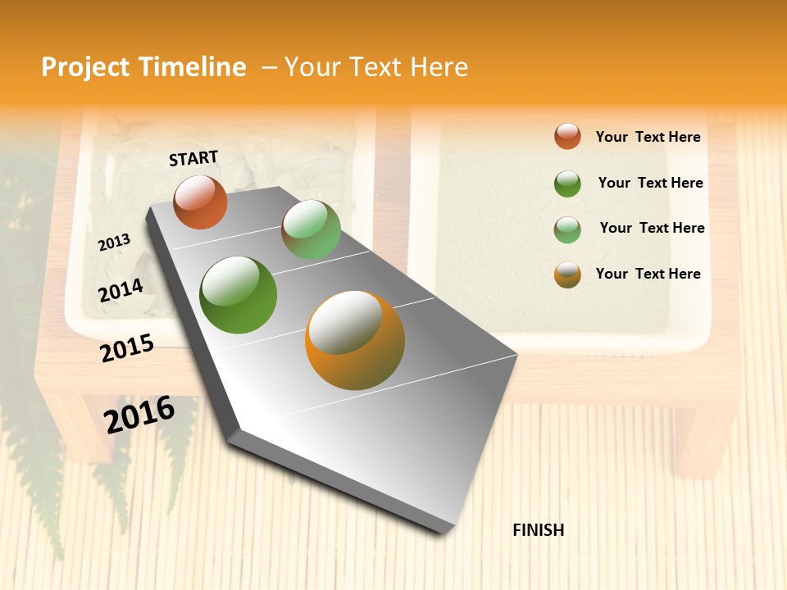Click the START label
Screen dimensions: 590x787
coord(193,158)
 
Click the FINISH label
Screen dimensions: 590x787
coord(539,530)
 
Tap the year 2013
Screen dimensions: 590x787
coord(114,243)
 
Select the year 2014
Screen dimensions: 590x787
coord(121,291)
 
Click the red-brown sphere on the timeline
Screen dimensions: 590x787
coord(200,202)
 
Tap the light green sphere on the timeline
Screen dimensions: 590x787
coord(311,230)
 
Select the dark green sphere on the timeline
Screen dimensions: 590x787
coord(239,295)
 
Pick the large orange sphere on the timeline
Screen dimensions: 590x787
coord(355,340)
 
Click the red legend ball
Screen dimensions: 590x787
coord(567,136)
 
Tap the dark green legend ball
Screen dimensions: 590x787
coord(567,184)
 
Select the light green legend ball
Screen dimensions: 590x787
coord(567,229)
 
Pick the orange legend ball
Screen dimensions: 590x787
coord(567,275)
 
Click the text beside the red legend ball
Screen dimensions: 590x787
coord(648,137)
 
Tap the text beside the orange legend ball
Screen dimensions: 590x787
coord(648,274)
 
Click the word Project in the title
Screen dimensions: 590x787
coord(85,67)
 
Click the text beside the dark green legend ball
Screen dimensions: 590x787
coord(650,183)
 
